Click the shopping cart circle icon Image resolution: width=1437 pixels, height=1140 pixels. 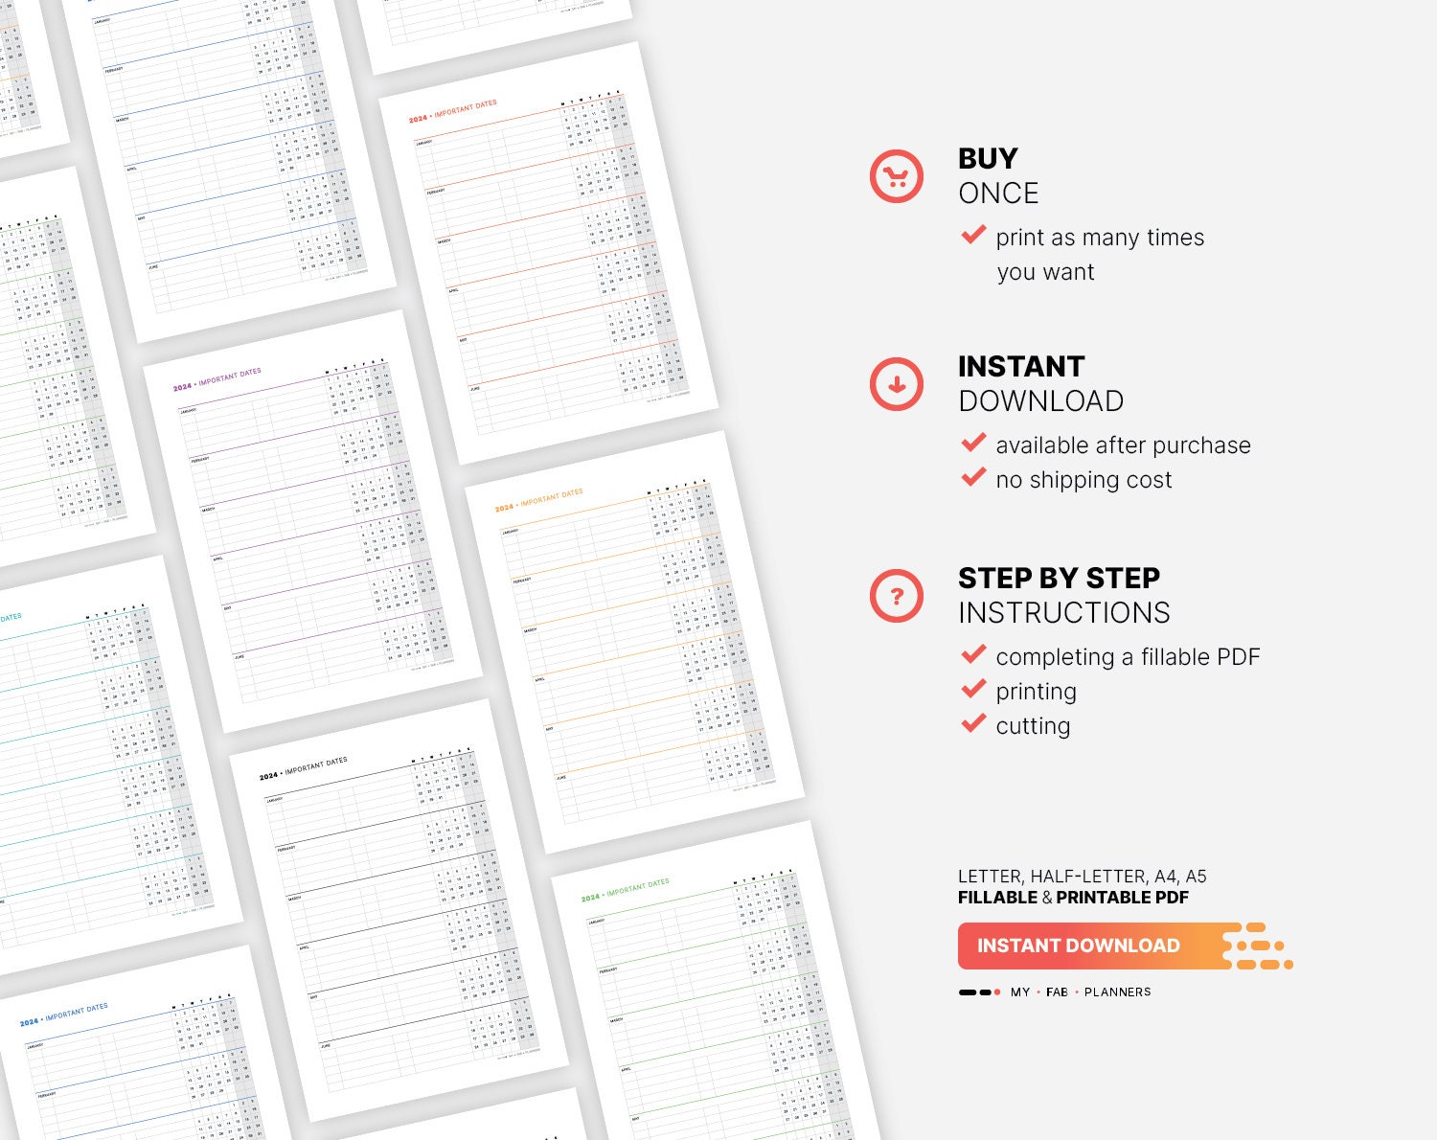click(x=896, y=176)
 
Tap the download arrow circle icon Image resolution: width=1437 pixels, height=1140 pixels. click(x=896, y=384)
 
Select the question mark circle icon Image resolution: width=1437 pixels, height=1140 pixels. click(x=896, y=596)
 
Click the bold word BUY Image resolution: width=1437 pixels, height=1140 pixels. click(x=988, y=158)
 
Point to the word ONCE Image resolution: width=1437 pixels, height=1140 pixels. click(x=998, y=194)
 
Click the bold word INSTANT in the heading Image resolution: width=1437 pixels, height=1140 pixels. click(x=1021, y=366)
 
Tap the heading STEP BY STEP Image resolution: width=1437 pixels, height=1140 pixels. click(x=1059, y=578)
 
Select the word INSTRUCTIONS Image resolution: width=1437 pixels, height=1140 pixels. click(x=1063, y=613)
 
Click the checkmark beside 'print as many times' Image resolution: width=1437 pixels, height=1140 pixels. click(x=973, y=235)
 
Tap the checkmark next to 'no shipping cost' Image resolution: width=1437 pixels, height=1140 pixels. click(x=973, y=477)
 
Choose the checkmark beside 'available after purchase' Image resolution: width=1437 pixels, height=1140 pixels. click(x=973, y=443)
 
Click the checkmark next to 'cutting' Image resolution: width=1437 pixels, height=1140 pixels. click(x=973, y=723)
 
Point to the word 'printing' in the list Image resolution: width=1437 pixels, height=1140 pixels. click(x=1036, y=692)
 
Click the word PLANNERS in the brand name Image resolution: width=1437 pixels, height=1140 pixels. click(x=1117, y=992)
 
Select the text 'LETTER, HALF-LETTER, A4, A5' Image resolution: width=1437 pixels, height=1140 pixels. click(x=1082, y=877)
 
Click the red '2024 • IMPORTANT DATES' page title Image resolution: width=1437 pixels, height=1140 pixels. click(x=452, y=112)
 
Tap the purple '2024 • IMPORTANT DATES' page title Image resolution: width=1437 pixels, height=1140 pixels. click(x=217, y=380)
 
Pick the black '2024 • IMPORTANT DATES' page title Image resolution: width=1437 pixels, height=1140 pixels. click(x=303, y=769)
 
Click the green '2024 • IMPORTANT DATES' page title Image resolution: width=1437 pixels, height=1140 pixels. click(x=625, y=891)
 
